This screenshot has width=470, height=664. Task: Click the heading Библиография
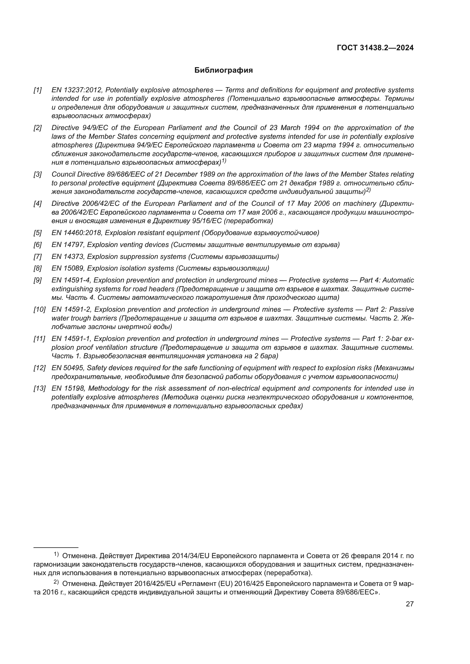223,70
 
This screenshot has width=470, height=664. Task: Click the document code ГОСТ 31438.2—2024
375,48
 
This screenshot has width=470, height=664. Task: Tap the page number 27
409,604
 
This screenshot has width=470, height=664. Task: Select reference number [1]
38,90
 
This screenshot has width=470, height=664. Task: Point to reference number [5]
38,233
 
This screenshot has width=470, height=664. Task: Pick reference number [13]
39,388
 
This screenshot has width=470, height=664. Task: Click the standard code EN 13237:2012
77,90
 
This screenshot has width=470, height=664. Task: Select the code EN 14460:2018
77,233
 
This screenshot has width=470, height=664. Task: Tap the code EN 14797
68,245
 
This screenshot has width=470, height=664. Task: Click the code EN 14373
68,257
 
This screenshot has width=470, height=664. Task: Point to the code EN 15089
68,268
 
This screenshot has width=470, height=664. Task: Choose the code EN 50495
68,368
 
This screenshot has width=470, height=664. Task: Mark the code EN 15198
68,388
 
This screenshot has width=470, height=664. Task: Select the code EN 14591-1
71,339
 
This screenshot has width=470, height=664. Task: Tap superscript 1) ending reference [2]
224,161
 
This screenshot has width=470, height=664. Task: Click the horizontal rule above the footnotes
56,547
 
